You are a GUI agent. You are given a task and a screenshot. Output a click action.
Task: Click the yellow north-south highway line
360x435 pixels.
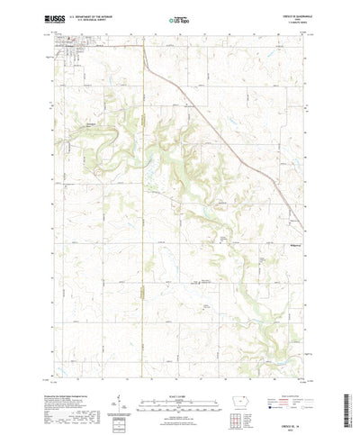click(x=146, y=68)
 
